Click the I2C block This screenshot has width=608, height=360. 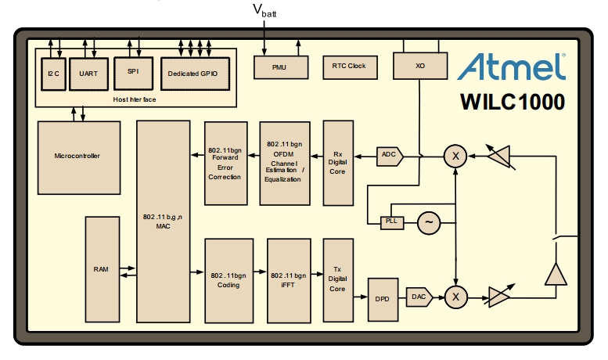53,74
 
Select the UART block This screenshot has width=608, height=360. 88,74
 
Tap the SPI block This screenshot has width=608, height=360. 133,74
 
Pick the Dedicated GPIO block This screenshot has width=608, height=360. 195,74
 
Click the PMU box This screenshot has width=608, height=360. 281,67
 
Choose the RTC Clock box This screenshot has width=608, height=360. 350,67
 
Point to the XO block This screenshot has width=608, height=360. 420,66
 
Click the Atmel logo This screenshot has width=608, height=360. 512,67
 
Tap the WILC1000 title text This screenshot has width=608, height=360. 513,102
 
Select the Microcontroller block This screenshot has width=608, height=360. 79,157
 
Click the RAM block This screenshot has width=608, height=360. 103,269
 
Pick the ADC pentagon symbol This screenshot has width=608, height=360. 390,157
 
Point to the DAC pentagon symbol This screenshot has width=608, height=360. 419,297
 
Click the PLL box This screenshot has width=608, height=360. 392,223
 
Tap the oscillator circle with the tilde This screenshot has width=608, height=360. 429,223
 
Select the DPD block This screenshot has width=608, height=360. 383,300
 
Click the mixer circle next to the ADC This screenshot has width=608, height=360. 455,156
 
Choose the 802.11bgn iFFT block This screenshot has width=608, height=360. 289,281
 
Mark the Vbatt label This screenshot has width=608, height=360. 264,10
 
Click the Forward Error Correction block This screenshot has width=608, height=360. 226,164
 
